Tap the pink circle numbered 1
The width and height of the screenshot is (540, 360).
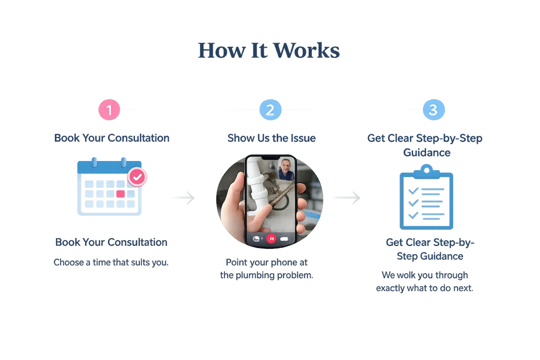pyautogui.click(x=109, y=110)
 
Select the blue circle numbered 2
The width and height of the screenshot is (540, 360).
pyautogui.click(x=270, y=110)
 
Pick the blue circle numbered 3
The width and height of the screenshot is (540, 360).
pyautogui.click(x=433, y=110)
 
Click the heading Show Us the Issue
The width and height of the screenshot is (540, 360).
pyautogui.click(x=271, y=138)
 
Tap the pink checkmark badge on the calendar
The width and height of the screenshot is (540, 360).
pyautogui.click(x=137, y=177)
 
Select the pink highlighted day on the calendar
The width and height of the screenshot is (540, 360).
pyautogui.click(x=120, y=194)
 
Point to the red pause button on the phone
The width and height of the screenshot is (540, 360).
pyautogui.click(x=271, y=238)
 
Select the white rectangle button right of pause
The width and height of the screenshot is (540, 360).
pyautogui.click(x=284, y=239)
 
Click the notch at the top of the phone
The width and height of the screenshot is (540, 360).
pyautogui.click(x=270, y=159)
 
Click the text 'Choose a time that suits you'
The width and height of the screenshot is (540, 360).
pyautogui.click(x=111, y=262)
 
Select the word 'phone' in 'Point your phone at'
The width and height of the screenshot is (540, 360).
pyautogui.click(x=279, y=262)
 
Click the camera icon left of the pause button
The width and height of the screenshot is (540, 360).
pyautogui.click(x=256, y=239)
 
